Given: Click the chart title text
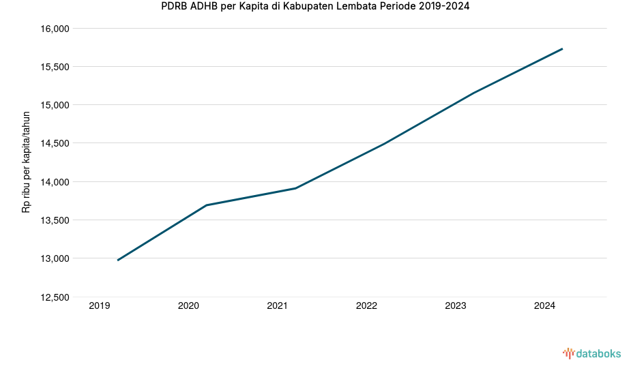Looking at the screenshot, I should pos(314,7).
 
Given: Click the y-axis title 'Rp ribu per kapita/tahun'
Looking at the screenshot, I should pos(27,162).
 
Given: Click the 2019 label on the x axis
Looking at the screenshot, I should pos(100,306).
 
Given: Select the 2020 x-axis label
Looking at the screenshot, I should pos(188,306).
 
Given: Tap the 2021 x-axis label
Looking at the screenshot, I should pos(278,306).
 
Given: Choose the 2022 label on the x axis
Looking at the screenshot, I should pos(366,306).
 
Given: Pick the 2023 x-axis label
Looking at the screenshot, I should pos(455,306).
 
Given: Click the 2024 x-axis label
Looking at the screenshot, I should pos(544,306).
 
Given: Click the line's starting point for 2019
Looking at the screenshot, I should pos(118,260).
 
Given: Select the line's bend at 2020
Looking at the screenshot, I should pos(206,205).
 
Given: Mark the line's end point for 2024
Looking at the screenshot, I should pos(562,49).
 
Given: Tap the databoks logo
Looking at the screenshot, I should pos(591,353).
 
